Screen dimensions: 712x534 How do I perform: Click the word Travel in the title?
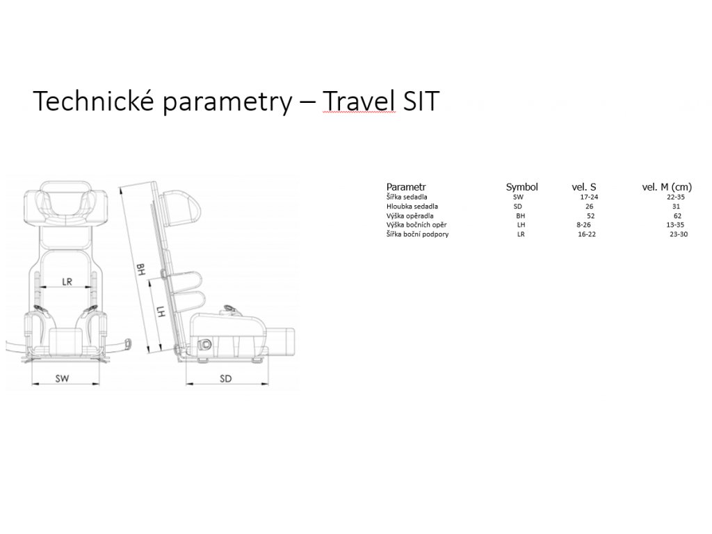(358, 101)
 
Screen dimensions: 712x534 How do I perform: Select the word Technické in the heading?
(94, 101)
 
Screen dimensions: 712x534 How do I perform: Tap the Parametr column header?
(406, 186)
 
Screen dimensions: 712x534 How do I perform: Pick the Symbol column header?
(521, 186)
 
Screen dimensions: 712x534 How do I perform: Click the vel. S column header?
(583, 186)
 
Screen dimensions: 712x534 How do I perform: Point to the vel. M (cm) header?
(667, 186)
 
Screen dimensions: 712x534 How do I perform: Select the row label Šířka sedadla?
(406, 197)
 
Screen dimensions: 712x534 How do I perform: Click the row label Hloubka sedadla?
(412, 206)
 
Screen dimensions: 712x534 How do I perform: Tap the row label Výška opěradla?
(410, 216)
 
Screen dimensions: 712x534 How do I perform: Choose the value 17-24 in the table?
(589, 197)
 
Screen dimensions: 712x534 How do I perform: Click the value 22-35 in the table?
(676, 197)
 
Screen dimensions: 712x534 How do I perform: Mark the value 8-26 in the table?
(583, 225)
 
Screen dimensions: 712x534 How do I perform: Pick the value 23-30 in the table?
(679, 234)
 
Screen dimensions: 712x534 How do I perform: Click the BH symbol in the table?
(520, 216)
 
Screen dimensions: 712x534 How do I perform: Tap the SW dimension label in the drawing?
(62, 378)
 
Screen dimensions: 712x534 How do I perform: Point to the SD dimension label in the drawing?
(226, 378)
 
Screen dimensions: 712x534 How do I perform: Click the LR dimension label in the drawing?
(67, 282)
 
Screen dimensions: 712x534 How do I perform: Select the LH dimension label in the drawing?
(161, 312)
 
